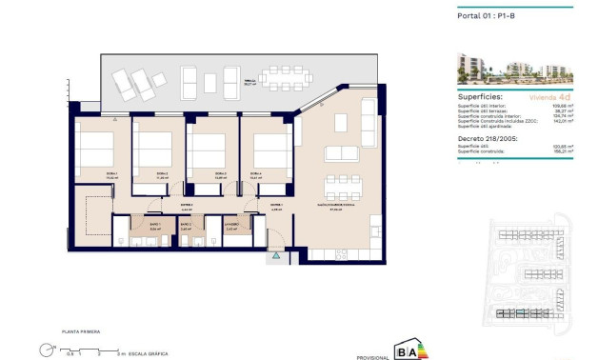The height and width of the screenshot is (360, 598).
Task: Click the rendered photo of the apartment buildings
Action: (515, 68)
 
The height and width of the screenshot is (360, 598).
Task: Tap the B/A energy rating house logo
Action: (405, 350)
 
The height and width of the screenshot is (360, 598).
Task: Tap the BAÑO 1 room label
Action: (155, 228)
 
